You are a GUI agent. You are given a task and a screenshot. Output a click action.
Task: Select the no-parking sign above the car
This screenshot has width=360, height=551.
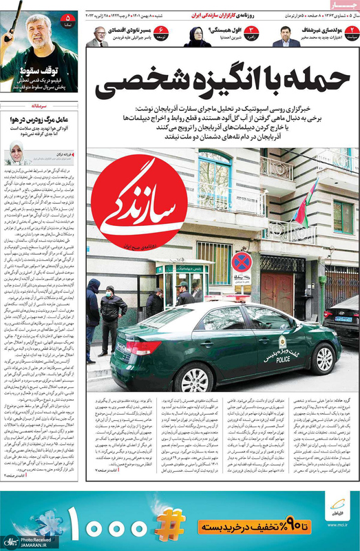[241, 261]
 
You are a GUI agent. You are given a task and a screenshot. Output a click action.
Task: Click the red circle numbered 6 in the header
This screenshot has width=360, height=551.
[161, 30]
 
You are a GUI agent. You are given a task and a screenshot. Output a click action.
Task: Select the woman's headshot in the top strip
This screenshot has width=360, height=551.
[196, 37]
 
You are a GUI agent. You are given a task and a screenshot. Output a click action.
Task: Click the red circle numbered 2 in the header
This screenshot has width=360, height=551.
[351, 30]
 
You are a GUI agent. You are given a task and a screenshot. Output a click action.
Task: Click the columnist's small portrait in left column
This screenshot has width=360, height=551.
[16, 153]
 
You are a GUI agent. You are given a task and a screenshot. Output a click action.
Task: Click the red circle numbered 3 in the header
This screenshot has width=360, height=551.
[252, 30]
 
